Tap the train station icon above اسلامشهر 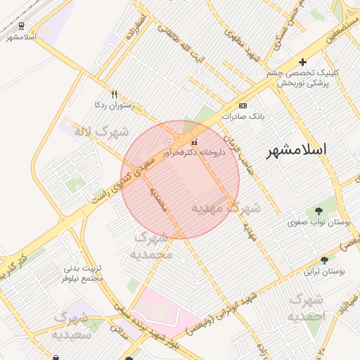pos(22,25)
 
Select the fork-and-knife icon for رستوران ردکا pos(115,94)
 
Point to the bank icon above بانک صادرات pos(243,105)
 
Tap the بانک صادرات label pos(243,116)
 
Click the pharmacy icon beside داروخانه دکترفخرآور pos(195,141)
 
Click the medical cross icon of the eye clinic pos(302,62)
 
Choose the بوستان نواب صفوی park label pos(319,222)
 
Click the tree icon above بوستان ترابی pos(323,259)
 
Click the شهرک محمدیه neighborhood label pos(153,245)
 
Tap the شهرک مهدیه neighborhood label pos(226,209)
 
